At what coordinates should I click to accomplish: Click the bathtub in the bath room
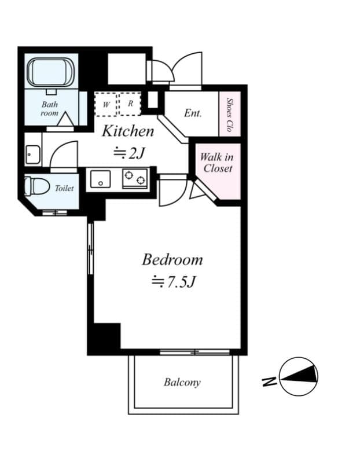point(52,71)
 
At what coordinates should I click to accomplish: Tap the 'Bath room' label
point(50,109)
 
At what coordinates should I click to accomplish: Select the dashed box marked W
point(106,104)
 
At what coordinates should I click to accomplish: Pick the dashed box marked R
point(130,104)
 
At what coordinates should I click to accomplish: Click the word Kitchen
point(128,131)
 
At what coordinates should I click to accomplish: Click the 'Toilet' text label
point(64,189)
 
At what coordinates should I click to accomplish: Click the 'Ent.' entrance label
point(193,113)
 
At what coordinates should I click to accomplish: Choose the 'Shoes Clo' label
point(230,115)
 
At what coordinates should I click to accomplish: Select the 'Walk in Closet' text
point(216,163)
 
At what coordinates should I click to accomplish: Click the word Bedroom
point(172,259)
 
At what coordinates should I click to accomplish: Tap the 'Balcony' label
point(182,383)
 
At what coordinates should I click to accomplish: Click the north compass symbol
point(299,376)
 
